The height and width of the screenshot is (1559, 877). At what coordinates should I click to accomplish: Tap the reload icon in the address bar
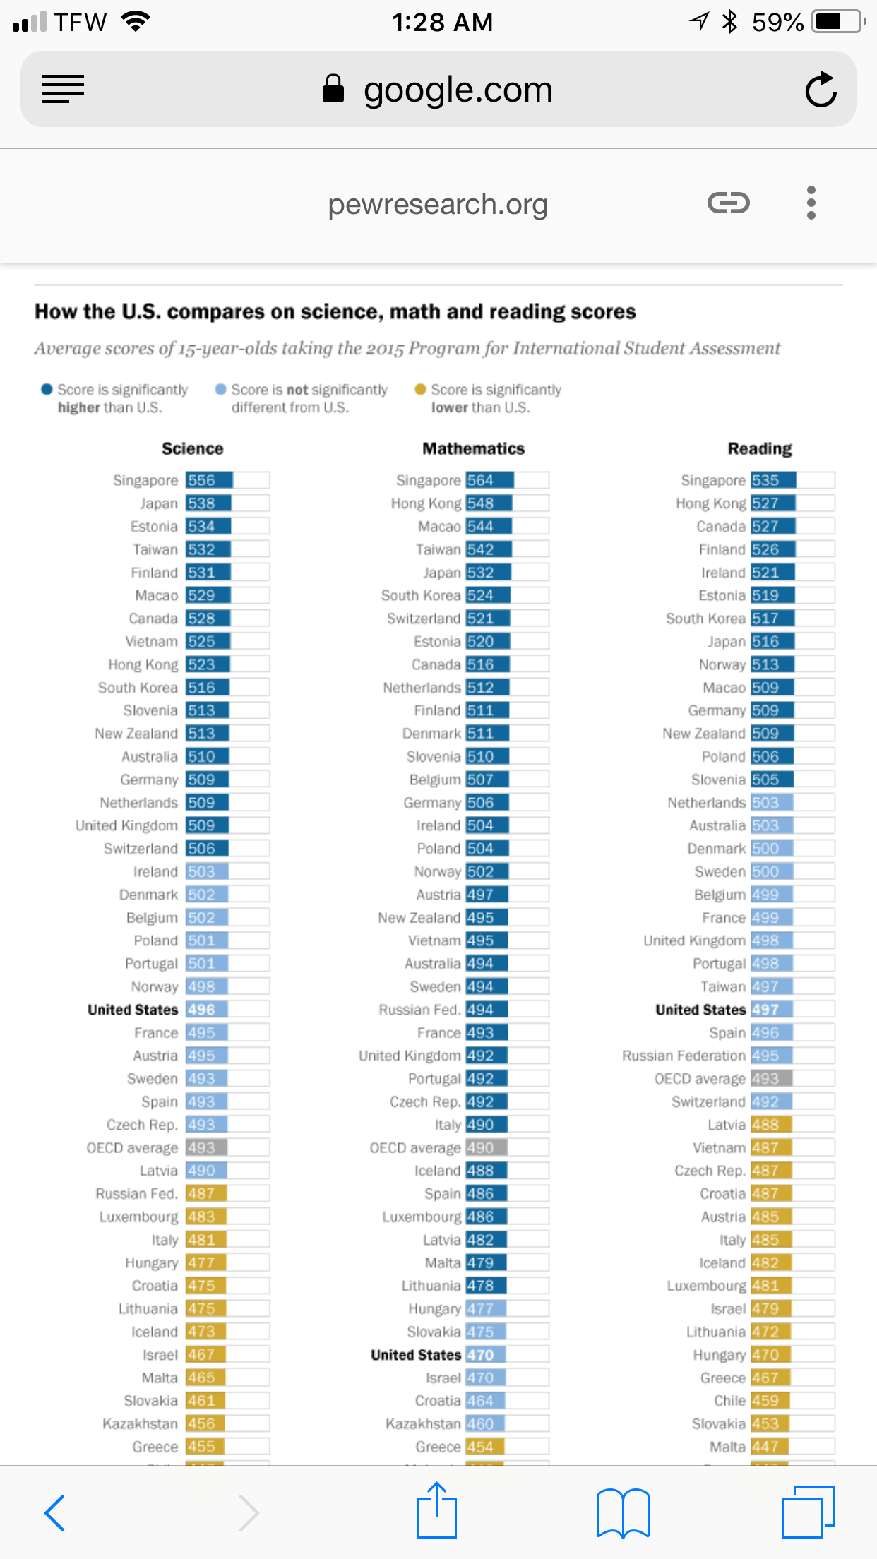[821, 90]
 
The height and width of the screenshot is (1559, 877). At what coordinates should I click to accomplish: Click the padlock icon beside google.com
[333, 90]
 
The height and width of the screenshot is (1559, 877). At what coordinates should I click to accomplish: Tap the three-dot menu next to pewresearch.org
[811, 203]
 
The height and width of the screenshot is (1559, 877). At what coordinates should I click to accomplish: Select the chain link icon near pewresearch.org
[728, 203]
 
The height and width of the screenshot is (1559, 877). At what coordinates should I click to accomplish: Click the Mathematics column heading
[473, 448]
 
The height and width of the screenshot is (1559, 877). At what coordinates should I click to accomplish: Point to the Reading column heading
[760, 448]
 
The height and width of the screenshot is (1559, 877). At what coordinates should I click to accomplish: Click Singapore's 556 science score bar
[209, 480]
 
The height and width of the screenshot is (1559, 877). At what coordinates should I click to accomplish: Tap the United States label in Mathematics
[416, 1355]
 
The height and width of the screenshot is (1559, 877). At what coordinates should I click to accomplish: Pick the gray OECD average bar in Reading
[771, 1079]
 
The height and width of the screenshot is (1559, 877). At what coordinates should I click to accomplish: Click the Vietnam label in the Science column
[152, 641]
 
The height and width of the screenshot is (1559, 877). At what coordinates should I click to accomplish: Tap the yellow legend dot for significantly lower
[421, 389]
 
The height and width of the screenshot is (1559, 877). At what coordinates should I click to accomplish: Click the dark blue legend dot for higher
[47, 389]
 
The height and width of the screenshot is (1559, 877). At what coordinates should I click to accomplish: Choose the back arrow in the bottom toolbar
[55, 1512]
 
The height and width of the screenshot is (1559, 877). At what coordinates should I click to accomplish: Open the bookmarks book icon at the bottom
[623, 1512]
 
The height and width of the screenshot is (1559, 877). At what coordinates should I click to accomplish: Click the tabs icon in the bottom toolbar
[808, 1512]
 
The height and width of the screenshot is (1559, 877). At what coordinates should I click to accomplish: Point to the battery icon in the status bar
[837, 22]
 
